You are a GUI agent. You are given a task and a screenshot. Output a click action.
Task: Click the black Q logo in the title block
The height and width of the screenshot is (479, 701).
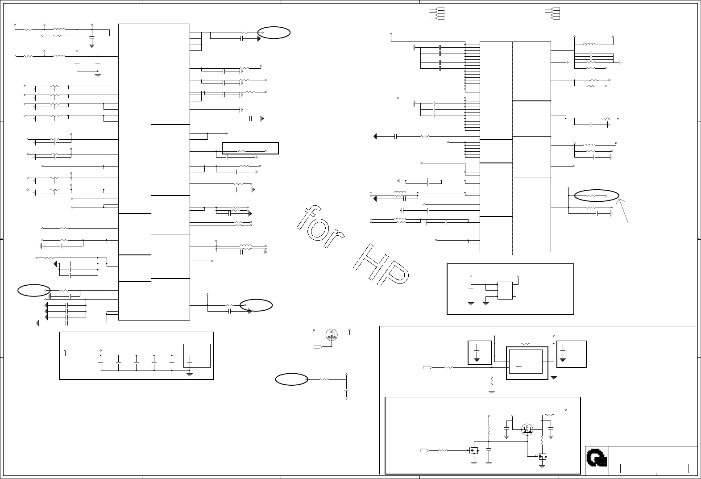tap(597, 458)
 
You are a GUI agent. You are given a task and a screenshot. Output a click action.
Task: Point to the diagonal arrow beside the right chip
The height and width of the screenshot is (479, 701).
tap(622, 210)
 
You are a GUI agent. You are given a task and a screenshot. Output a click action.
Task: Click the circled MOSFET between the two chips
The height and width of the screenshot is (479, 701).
tap(332, 335)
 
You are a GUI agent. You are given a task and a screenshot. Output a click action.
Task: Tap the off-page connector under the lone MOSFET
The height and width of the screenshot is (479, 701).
tap(318, 346)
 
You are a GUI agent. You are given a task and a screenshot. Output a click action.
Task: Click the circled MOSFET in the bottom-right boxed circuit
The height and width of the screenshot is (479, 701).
tap(527, 429)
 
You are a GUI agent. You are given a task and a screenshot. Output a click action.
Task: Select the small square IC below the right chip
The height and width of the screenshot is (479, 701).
tap(505, 291)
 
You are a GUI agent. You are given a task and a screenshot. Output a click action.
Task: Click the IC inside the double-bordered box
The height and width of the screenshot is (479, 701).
tap(526, 362)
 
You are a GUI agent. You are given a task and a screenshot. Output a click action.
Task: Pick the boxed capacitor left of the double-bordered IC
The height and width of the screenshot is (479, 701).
tap(480, 353)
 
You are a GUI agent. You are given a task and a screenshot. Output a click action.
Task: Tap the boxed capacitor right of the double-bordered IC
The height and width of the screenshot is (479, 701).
tap(572, 354)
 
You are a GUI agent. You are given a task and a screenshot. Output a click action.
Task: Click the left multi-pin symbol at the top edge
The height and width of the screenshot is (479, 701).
tap(437, 13)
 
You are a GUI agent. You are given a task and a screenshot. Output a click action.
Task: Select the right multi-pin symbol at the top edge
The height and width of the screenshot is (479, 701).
tap(552, 13)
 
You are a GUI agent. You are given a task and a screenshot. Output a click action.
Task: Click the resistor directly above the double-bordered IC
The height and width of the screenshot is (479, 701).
tap(526, 344)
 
